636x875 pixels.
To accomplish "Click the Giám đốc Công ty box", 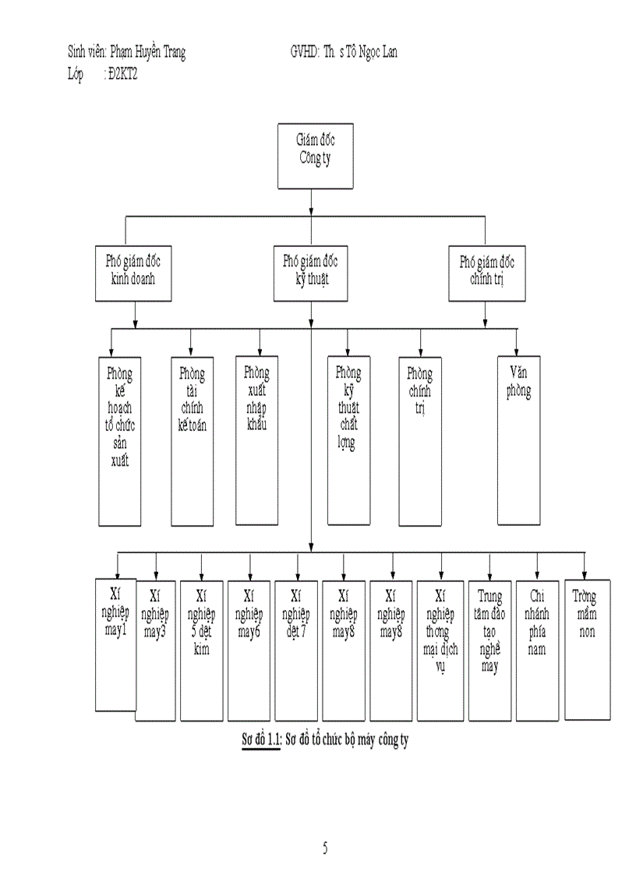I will coord(316,156).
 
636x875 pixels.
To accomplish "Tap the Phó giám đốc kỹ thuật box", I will coord(310,273).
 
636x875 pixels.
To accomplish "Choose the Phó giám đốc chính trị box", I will coord(487,273).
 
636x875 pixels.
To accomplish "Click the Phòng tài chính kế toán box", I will coord(192,441).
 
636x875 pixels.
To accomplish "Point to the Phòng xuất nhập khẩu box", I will coord(257,439).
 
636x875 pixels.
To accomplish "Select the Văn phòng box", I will coord(518,439).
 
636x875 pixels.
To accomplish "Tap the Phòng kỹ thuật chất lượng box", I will coord(348,439).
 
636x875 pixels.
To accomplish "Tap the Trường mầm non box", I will coord(587,649).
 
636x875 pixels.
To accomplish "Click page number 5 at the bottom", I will coord(325,849).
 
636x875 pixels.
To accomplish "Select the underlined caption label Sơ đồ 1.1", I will coord(260,740).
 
